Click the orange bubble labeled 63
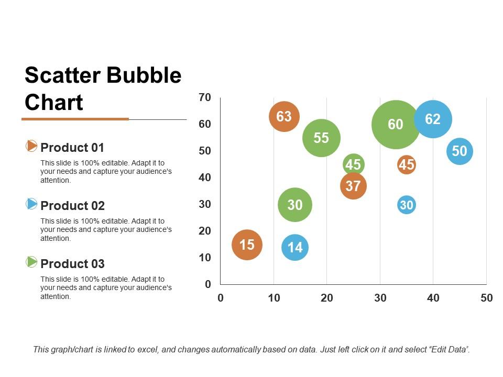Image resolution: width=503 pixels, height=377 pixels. point(284,116)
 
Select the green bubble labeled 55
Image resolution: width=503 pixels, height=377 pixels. point(321,138)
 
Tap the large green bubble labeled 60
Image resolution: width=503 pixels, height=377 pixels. point(396,125)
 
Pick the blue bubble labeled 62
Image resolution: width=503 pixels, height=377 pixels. point(433,119)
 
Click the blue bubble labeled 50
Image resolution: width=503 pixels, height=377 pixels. point(460,151)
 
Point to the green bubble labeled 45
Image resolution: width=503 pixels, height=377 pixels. point(353,165)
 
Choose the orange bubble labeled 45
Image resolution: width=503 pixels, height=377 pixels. point(407,165)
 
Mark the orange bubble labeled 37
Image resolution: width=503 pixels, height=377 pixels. point(353,186)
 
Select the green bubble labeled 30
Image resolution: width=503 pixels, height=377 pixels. point(295,205)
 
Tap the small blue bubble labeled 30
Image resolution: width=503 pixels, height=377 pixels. point(407,205)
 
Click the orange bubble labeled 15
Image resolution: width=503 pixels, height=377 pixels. point(247,245)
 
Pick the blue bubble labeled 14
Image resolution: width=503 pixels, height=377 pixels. point(295,247)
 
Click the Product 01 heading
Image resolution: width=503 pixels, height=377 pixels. point(72,148)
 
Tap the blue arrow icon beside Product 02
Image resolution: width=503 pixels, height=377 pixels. point(31,203)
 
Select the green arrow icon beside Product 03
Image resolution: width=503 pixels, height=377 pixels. point(31,261)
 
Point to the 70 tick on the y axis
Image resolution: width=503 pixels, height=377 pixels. point(205,97)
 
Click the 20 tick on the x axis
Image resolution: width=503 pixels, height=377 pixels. point(326,298)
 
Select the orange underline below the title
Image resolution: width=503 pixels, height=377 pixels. point(75,119)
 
